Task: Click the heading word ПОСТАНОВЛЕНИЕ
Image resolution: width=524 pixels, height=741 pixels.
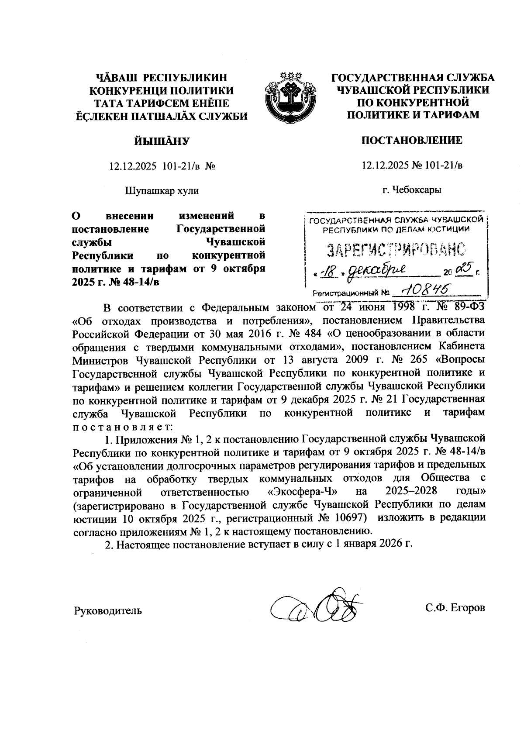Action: tap(412, 141)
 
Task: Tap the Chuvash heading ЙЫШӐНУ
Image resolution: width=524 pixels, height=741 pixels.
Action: tap(162, 141)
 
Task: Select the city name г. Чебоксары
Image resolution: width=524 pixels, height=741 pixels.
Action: tap(412, 190)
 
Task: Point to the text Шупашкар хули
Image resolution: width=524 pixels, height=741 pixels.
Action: tap(162, 191)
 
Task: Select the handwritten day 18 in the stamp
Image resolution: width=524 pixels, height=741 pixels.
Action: tap(327, 272)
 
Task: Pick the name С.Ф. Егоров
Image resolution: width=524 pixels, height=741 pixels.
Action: tap(455, 608)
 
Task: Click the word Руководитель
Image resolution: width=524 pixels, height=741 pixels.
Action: tap(108, 610)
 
